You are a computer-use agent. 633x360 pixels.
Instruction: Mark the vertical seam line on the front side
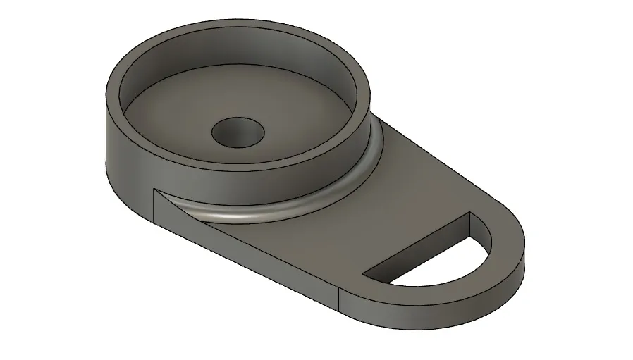tap(339, 299)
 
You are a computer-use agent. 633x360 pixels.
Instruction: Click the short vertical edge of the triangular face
tap(154, 204)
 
